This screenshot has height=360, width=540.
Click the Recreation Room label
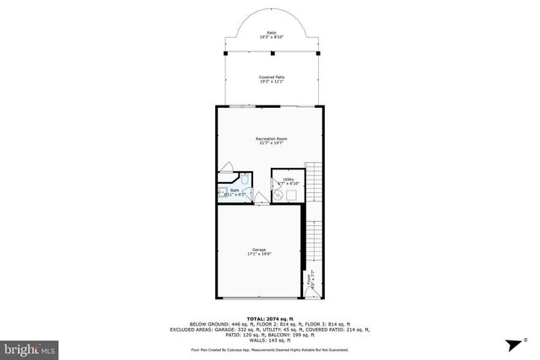point(269,137)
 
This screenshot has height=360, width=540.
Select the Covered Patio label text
point(272,76)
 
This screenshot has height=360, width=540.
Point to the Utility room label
point(289,179)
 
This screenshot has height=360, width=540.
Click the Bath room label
point(235,190)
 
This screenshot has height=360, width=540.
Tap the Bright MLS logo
point(30,347)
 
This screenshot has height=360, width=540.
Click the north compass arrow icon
point(510,345)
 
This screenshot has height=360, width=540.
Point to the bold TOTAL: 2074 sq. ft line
point(270,318)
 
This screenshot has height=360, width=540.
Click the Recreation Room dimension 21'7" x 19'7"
point(269,142)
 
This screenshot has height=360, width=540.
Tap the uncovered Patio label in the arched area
point(272,33)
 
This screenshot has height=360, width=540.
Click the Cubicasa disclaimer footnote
point(270,348)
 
